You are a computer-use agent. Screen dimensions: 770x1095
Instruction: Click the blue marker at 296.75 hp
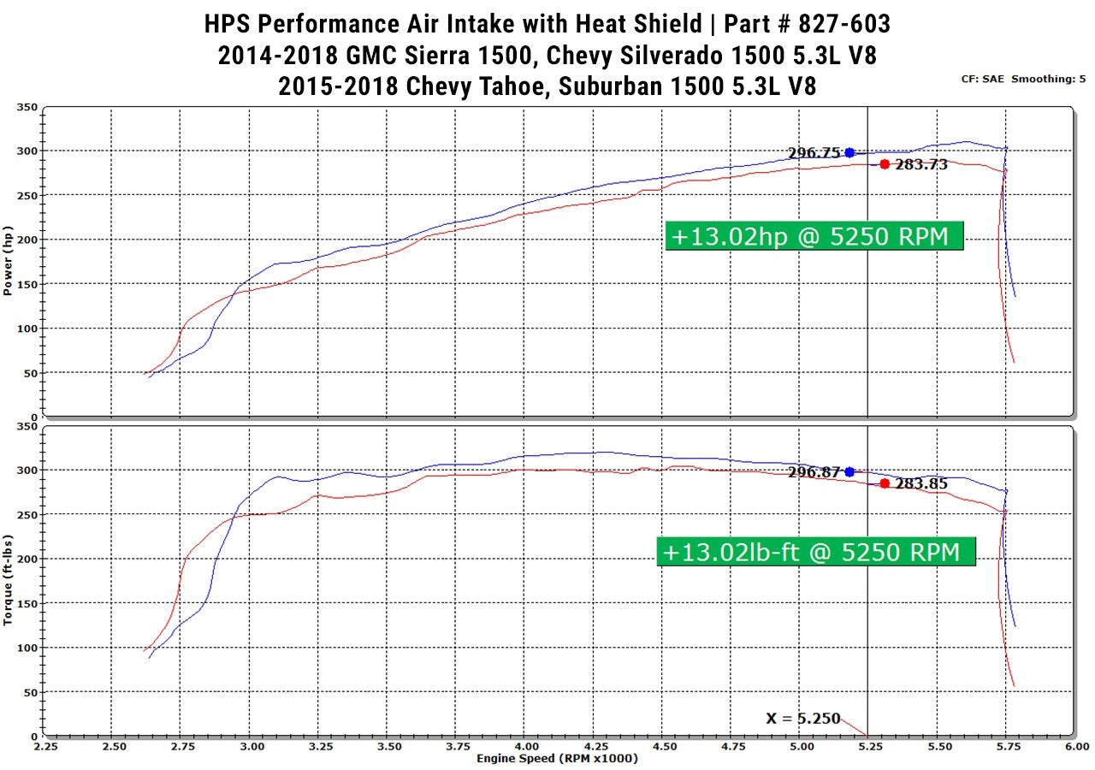point(849,152)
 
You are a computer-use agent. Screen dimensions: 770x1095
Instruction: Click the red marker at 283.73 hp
point(885,164)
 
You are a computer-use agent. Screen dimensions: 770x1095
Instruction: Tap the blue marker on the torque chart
point(849,471)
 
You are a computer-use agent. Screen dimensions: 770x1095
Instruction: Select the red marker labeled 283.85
point(885,483)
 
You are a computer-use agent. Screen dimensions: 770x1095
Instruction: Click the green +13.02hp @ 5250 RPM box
point(814,236)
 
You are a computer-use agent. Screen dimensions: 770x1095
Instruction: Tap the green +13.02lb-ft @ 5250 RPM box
point(816,552)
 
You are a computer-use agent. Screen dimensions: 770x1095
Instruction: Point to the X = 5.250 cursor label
point(803,719)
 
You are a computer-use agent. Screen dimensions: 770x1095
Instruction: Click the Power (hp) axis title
point(8,261)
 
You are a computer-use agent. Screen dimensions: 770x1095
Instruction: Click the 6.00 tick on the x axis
point(1076,746)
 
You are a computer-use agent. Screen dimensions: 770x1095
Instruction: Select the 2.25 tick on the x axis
point(46,746)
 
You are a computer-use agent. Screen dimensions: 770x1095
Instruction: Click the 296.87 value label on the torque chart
point(814,471)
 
